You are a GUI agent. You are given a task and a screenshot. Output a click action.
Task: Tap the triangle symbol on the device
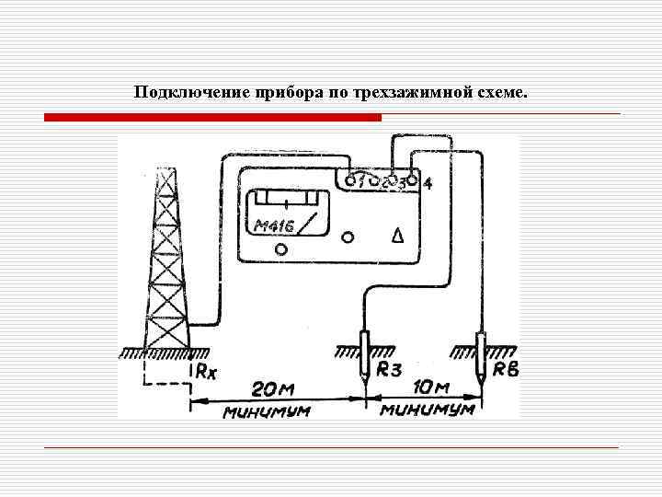[x=398, y=236]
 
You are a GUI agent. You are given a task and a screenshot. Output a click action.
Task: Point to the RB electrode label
[x=506, y=370]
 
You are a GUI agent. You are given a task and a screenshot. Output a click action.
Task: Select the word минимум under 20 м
[x=266, y=410]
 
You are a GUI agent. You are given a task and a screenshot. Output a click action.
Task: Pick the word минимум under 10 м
[x=429, y=409]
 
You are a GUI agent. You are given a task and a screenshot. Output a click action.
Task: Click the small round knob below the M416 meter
[x=281, y=249]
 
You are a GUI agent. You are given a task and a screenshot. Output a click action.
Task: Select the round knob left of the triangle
[x=348, y=237]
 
